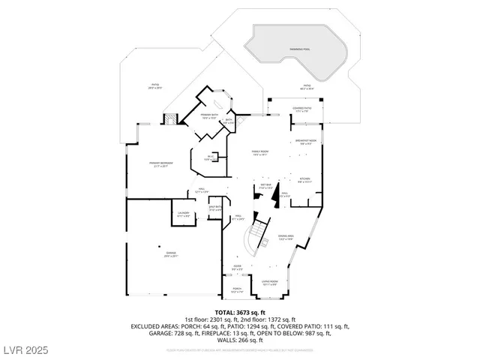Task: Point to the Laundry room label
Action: pyautogui.click(x=183, y=214)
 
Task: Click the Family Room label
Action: pyautogui.click(x=259, y=153)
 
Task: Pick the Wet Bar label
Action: pyautogui.click(x=266, y=186)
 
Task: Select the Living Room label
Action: pyautogui.click(x=269, y=283)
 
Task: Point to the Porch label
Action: pyautogui.click(x=237, y=289)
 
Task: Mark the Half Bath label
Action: pyautogui.click(x=214, y=209)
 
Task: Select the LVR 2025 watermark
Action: pyautogui.click(x=25, y=350)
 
